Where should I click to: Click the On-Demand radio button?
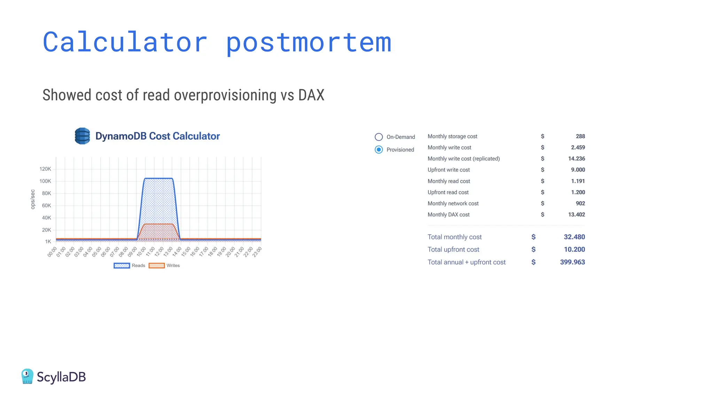pyautogui.click(x=379, y=137)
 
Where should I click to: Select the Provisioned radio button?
pyautogui.click(x=379, y=150)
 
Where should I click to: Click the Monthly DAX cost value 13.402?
pyautogui.click(x=576, y=214)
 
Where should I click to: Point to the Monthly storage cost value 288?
pyautogui.click(x=580, y=136)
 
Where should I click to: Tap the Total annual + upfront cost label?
pyautogui.click(x=466, y=262)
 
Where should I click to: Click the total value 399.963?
pyautogui.click(x=572, y=262)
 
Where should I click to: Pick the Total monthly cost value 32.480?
pyautogui.click(x=574, y=237)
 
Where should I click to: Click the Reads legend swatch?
pyautogui.click(x=122, y=266)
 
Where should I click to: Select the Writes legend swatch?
pyautogui.click(x=156, y=266)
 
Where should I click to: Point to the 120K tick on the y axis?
pyautogui.click(x=45, y=169)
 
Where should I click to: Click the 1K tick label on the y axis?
pyautogui.click(x=48, y=241)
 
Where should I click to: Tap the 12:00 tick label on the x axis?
pyautogui.click(x=159, y=251)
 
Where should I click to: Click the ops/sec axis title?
pyautogui.click(x=33, y=199)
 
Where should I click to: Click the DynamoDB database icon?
pyautogui.click(x=83, y=136)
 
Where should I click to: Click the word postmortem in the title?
pyautogui.click(x=308, y=42)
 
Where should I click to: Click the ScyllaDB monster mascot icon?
pyautogui.click(x=27, y=376)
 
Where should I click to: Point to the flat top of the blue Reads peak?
pyautogui.click(x=158, y=179)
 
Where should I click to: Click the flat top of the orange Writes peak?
pyautogui.click(x=159, y=224)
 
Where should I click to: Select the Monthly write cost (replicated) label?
pyautogui.click(x=463, y=158)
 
